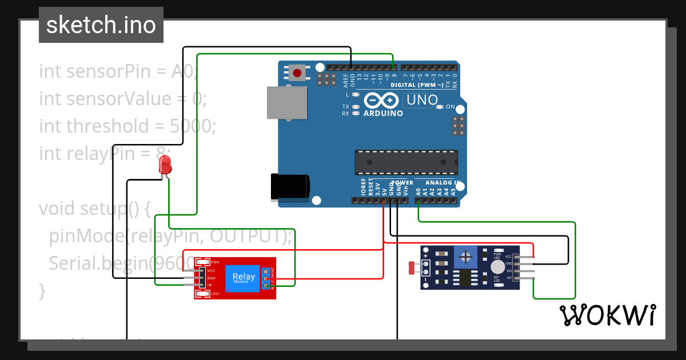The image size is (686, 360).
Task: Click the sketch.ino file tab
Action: [101, 25]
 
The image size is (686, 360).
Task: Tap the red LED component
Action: [165, 165]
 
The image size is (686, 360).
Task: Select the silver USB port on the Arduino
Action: [288, 103]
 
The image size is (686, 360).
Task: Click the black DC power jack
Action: [290, 187]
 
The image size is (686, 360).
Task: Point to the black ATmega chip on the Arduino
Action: [406, 162]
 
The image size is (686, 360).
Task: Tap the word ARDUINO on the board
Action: [383, 113]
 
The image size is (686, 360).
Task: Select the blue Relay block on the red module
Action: [241, 278]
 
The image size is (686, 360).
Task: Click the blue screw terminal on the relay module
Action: [266, 278]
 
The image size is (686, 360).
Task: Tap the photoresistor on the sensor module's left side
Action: [414, 266]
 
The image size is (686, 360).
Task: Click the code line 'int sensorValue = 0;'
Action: [123, 99]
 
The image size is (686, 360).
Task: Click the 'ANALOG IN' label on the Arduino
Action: [444, 183]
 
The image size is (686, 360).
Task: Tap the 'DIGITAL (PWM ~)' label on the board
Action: [417, 85]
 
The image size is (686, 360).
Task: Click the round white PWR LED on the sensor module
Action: [498, 267]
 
